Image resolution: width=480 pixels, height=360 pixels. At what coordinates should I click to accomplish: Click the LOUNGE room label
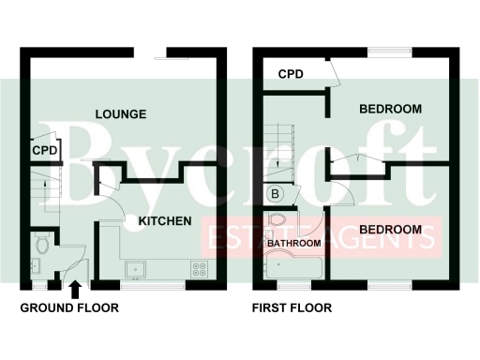121,114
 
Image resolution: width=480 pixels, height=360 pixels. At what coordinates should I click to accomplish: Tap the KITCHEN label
165,221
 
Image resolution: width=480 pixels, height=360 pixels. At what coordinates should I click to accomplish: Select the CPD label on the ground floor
44,151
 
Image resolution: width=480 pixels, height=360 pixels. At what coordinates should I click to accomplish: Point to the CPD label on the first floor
291,73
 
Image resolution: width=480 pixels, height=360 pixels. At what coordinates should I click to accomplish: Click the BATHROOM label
293,244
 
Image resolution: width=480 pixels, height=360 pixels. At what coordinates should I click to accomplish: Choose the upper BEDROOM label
390,110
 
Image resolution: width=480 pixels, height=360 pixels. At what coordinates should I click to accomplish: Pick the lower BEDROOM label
389,230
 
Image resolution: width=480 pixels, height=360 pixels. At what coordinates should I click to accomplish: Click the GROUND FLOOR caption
64,307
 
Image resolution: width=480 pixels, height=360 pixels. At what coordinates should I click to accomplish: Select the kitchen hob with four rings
199,267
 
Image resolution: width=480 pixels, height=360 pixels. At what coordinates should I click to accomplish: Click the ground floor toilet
42,246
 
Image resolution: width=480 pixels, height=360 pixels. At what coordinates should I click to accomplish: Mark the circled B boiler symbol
277,194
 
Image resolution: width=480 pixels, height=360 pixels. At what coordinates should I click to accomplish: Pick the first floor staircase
278,155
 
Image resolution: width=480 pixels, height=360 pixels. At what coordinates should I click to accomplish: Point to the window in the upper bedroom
387,51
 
